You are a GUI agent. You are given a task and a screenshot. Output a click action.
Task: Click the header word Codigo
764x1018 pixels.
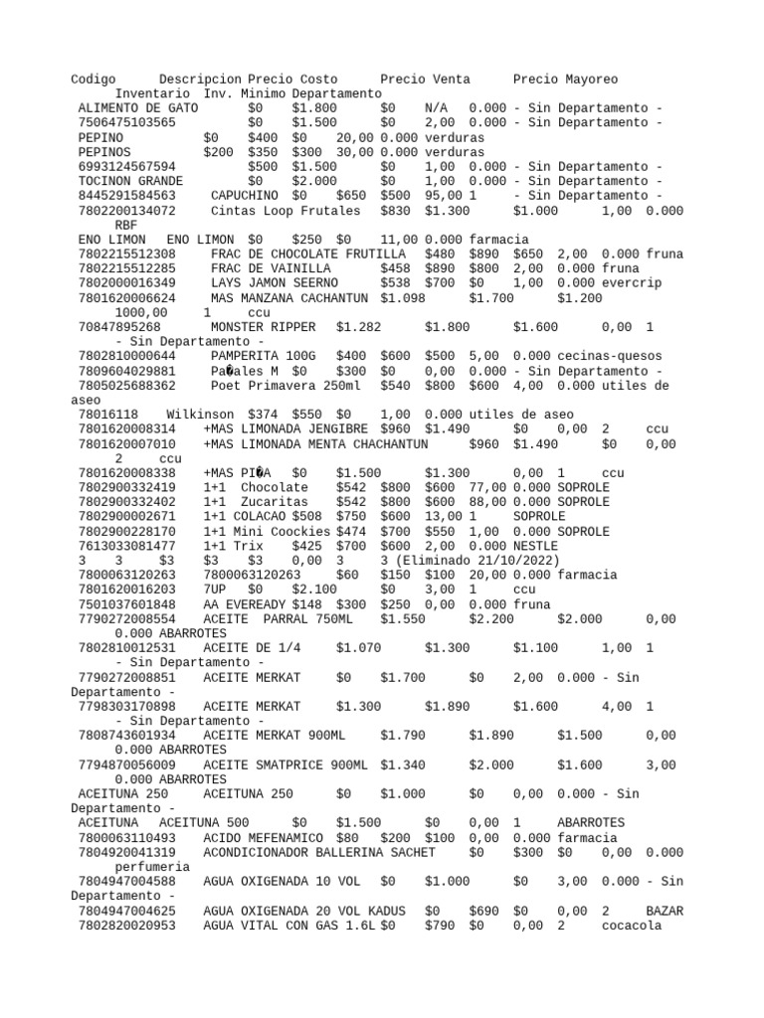[x=94, y=79]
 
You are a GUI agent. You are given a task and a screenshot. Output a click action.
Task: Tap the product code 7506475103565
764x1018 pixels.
[x=126, y=122]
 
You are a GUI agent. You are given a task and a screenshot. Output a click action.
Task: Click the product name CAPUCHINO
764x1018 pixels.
[x=245, y=196]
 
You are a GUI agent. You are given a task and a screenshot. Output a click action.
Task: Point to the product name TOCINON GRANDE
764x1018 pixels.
[x=130, y=181]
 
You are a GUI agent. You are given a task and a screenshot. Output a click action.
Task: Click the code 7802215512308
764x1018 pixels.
[x=126, y=254]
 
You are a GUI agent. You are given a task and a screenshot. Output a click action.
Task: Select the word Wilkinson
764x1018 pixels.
[x=200, y=415]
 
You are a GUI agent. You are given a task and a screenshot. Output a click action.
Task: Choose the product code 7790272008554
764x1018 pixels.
[x=126, y=619]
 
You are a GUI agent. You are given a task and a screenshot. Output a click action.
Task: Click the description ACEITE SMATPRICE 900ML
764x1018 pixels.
[x=285, y=764]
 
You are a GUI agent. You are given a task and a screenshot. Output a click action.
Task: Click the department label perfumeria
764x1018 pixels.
[x=151, y=867]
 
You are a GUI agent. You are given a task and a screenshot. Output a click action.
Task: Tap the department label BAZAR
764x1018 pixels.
[x=664, y=911]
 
